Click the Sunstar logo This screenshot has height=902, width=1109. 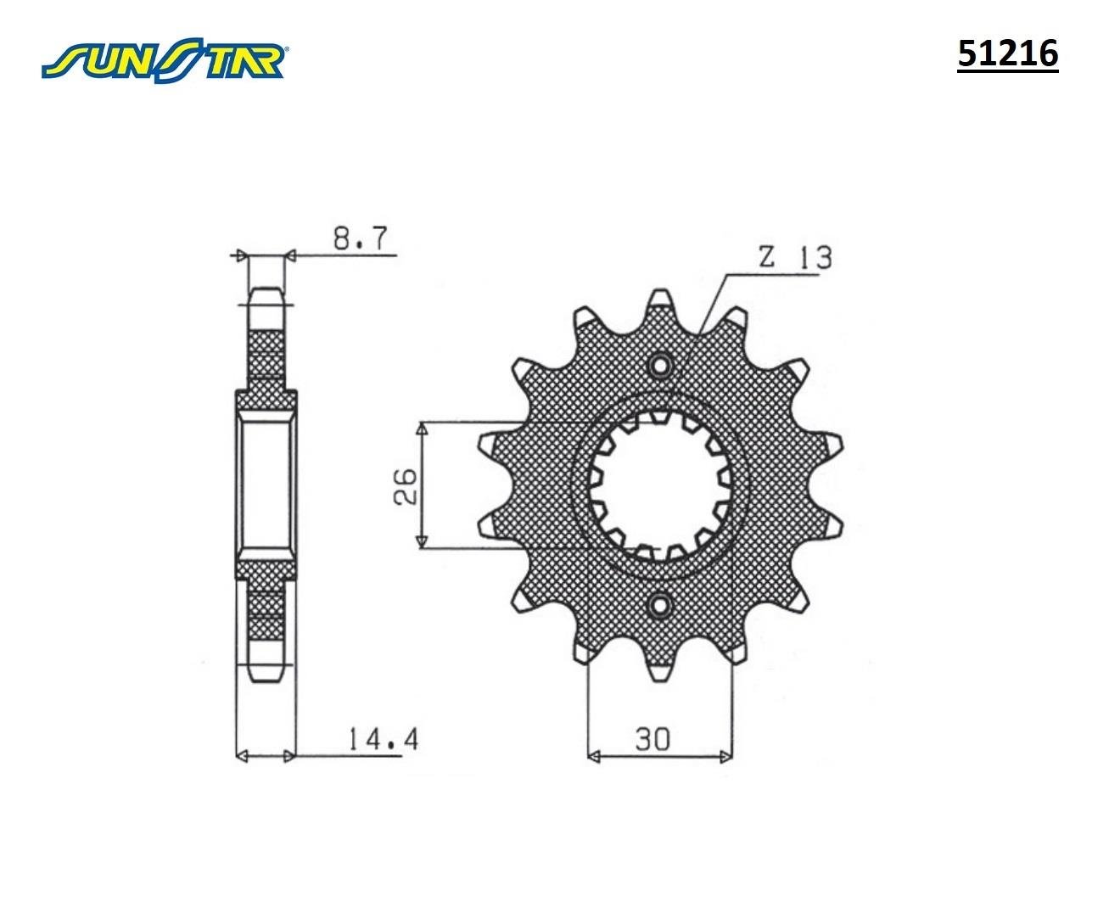click(x=165, y=59)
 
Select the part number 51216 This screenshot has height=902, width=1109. click(x=1007, y=53)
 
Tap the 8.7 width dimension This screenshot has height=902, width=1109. click(x=363, y=238)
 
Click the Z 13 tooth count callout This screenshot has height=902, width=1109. click(x=795, y=257)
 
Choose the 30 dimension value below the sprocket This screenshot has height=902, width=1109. click(x=652, y=739)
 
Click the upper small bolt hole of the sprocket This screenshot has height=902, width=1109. click(x=660, y=367)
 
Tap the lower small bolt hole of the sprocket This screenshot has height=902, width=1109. click(x=660, y=605)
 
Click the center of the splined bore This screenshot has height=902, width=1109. click(x=660, y=486)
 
